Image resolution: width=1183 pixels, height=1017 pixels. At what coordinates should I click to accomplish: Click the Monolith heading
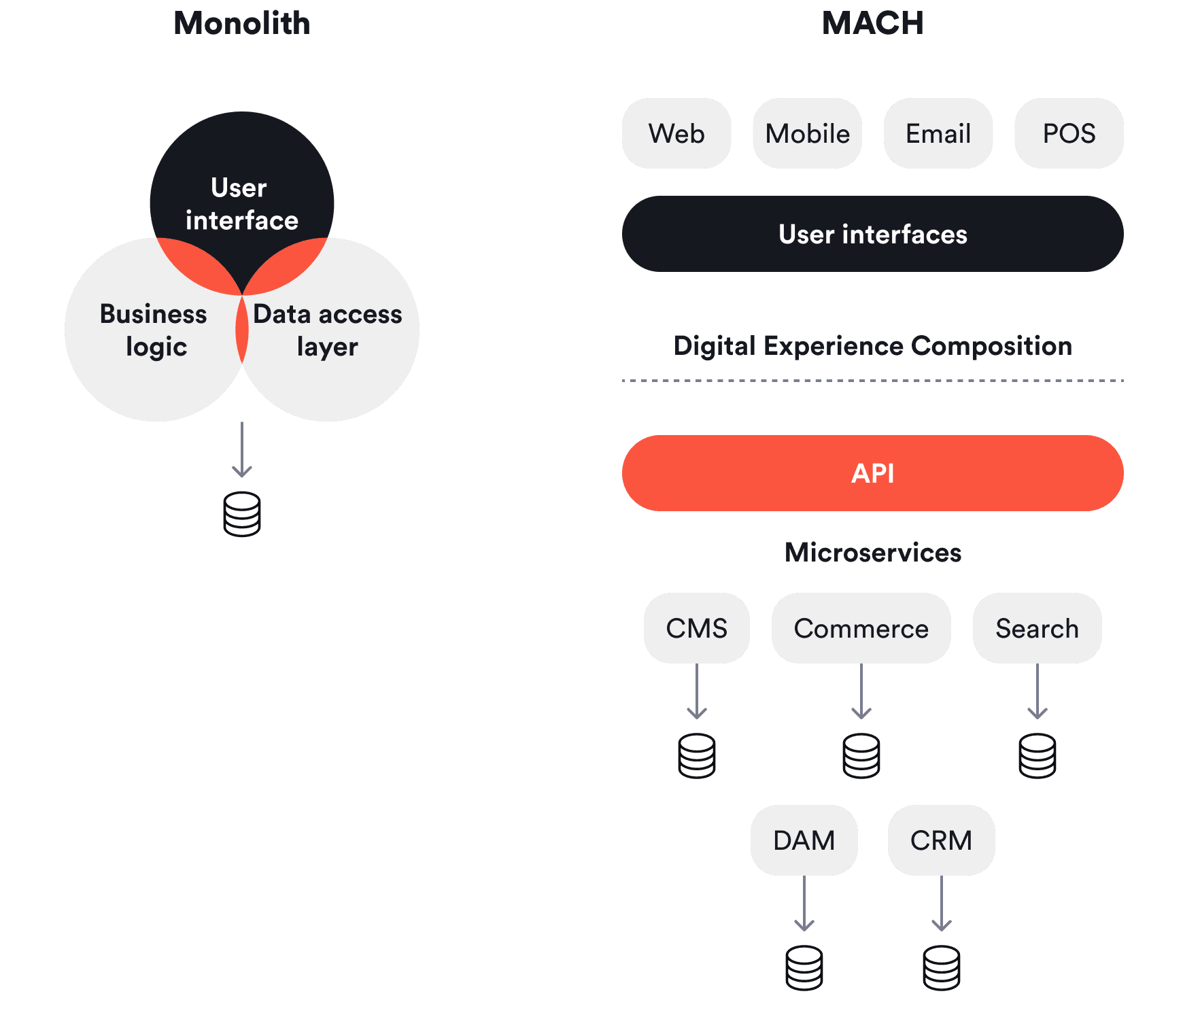(x=241, y=24)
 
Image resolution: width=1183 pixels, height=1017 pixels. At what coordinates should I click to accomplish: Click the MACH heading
(x=872, y=24)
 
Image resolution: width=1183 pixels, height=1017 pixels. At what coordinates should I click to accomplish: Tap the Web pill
(x=676, y=133)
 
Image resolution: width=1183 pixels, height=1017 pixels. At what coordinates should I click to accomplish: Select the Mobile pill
(x=807, y=133)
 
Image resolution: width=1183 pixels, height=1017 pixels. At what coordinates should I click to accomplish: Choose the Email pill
(x=938, y=133)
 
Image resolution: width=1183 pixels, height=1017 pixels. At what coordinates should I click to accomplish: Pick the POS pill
(x=1069, y=133)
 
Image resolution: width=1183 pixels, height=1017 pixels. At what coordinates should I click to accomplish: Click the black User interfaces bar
(x=872, y=234)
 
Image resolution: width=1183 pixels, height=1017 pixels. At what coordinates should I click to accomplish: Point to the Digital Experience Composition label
(x=872, y=346)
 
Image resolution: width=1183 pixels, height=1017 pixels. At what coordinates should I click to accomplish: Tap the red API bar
(x=872, y=473)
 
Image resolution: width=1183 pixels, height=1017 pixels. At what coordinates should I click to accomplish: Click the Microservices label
(x=872, y=553)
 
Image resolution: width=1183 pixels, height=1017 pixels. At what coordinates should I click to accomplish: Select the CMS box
(x=697, y=628)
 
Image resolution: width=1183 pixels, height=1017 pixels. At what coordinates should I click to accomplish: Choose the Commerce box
(x=861, y=628)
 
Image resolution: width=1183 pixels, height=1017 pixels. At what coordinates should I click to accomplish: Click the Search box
(x=1037, y=628)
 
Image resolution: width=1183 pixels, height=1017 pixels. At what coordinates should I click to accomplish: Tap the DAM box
(x=804, y=840)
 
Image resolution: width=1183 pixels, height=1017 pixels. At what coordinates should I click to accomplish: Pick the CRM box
(x=941, y=840)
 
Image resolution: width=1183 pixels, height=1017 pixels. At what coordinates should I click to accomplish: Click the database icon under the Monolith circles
(x=242, y=514)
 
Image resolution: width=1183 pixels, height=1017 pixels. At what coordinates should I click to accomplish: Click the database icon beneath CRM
(x=942, y=967)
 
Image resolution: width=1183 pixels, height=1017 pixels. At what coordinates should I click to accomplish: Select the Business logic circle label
(x=154, y=330)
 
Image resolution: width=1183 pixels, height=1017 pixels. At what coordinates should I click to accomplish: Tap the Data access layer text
(x=328, y=330)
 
